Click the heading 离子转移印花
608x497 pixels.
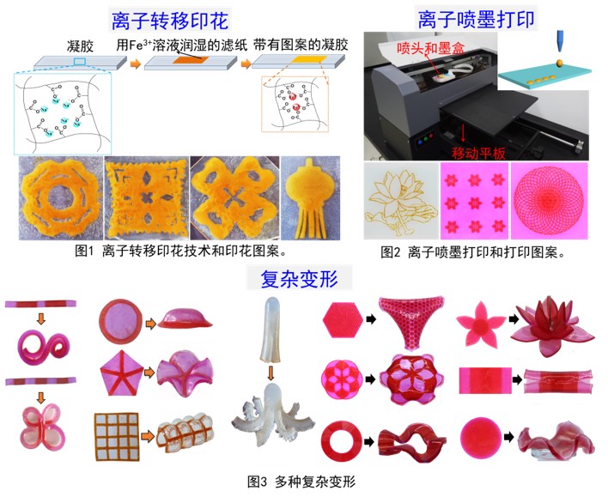170,21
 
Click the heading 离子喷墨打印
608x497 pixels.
476,19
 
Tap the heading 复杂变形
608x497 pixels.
299,278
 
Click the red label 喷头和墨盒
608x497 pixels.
430,48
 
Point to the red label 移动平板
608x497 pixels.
478,154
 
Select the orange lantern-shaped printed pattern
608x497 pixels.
310,197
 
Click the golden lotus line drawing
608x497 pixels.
401,202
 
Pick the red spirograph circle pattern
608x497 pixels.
549,201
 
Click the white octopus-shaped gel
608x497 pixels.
272,413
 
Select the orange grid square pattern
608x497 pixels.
117,437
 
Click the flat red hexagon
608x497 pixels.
343,320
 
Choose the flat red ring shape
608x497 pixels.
341,441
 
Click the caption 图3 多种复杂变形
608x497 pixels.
301,482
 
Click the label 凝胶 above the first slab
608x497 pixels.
80,46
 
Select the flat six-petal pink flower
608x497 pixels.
481,324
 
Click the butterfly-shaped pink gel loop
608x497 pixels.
42,426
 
